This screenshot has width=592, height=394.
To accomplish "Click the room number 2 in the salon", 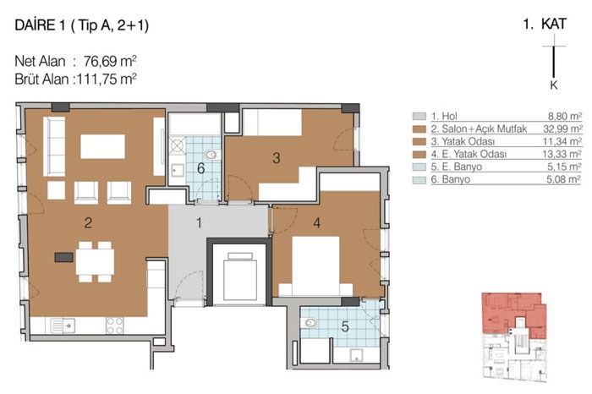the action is point(88,223).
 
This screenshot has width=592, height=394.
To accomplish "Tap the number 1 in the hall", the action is point(199,223).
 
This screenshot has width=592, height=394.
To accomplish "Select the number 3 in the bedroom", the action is point(277,158).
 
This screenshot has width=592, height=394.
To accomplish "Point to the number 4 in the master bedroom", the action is point(317,223).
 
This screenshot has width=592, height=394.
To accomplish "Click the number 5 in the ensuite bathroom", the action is point(345,327).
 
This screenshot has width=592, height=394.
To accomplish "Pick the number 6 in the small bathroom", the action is point(201,168).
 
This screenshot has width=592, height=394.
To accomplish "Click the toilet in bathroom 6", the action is point(212,155).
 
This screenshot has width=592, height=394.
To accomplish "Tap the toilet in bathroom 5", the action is point(309,323).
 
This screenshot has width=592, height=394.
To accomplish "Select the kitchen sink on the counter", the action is point(63,326).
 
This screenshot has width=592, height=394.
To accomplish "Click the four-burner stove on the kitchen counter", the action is point(115,326).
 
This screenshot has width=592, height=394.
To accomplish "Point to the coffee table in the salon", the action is point(102,146).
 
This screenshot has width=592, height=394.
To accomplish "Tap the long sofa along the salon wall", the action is point(54,146).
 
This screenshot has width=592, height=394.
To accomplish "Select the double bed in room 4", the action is point(315,266).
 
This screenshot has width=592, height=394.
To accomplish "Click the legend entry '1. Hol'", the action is point(444,116).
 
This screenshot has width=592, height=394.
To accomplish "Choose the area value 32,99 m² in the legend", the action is point(562,129).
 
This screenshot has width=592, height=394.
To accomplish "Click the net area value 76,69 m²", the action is point(110,61).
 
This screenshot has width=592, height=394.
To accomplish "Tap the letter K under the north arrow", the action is point(554,85).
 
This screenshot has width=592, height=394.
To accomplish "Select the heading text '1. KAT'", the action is point(545,25).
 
